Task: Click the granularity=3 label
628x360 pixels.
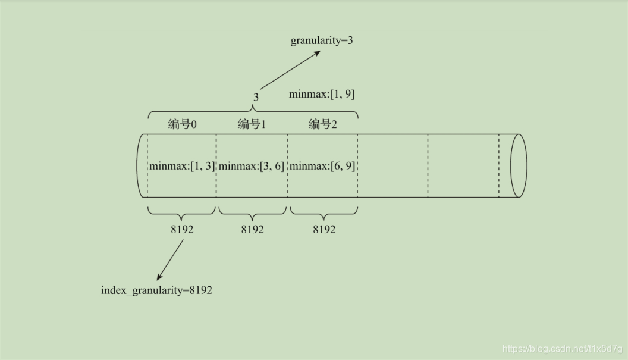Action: [322, 41]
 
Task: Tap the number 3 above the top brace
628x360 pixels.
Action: [256, 96]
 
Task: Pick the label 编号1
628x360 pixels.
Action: [252, 124]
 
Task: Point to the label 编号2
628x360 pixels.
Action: [322, 124]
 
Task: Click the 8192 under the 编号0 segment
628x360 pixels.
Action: [181, 229]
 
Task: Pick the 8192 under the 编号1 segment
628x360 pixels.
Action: [252, 229]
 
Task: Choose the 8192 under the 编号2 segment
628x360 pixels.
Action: [324, 229]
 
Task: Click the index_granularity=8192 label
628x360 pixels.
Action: [156, 291]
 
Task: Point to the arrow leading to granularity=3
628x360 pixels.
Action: [290, 70]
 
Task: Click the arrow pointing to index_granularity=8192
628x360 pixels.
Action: [170, 259]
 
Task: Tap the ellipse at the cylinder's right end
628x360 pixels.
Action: [519, 166]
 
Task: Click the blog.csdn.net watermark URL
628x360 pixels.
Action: [562, 349]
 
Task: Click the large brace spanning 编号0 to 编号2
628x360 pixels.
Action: [253, 111]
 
